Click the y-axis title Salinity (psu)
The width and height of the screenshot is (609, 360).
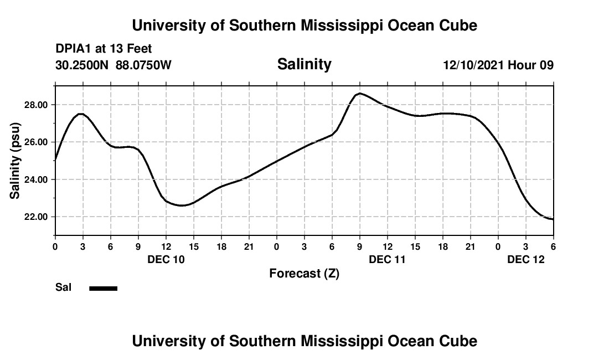tap(15, 161)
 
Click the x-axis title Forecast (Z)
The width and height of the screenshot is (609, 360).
tap(304, 273)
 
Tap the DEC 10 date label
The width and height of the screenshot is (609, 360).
tap(166, 259)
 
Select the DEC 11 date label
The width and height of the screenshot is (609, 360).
tap(387, 259)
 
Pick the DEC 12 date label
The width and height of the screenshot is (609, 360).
tap(525, 259)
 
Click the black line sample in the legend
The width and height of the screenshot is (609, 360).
tap(104, 288)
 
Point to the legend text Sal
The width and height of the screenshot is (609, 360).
tap(63, 287)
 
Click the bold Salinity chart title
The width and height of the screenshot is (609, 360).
tap(304, 64)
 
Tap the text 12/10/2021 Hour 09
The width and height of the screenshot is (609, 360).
tap(498, 65)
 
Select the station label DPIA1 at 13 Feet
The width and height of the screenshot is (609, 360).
tap(104, 49)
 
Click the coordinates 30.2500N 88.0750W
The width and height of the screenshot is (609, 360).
tap(113, 65)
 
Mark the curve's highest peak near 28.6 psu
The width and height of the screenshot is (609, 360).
tap(359, 94)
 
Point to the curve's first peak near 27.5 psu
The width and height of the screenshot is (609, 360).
tap(81, 114)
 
